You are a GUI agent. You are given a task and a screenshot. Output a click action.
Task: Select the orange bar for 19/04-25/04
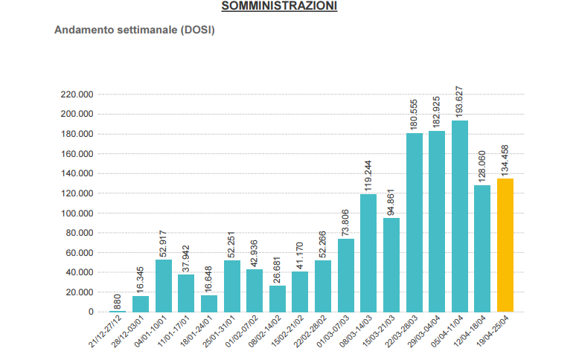[505, 245]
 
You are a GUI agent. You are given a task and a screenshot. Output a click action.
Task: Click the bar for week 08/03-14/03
[368, 253]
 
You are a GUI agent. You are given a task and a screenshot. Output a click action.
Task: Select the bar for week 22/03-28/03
[415, 222]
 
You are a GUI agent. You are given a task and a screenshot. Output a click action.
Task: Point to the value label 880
[118, 302]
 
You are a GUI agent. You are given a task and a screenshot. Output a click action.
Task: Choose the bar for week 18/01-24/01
[209, 303]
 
